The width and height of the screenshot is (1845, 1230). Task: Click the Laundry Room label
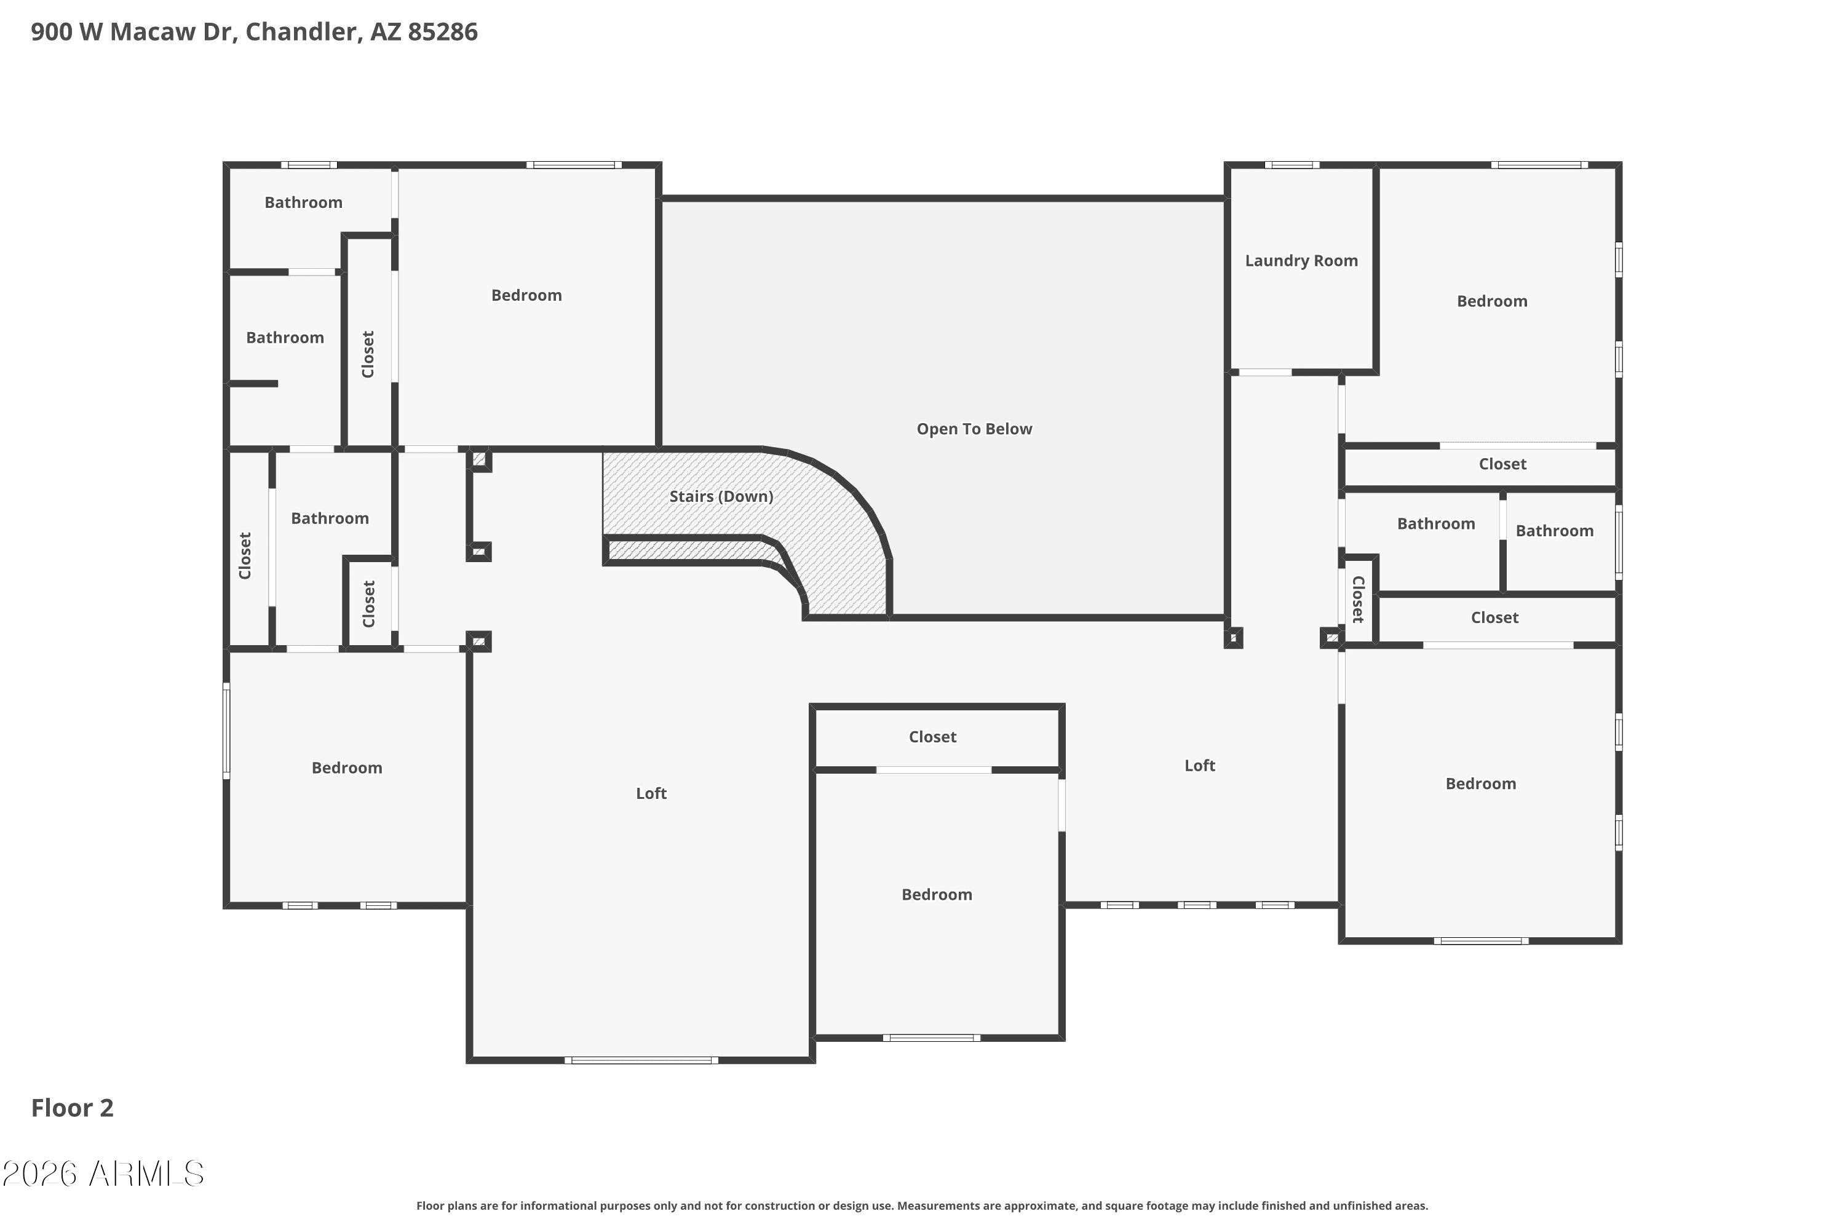point(1301,260)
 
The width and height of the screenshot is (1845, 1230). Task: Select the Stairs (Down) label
point(721,496)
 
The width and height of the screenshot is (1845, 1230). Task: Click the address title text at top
point(254,32)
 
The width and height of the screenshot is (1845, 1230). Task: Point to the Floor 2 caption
point(72,1108)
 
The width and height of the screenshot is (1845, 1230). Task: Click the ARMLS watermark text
point(103,1173)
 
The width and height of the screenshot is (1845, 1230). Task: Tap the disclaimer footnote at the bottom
point(922,1205)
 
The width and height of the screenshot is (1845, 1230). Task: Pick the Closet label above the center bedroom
point(933,737)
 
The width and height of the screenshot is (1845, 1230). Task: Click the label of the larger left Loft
point(651,793)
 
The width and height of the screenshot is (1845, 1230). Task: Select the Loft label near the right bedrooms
point(1199,766)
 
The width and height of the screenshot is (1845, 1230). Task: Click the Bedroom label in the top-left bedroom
point(526,295)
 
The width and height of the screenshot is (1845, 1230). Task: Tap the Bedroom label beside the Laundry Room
point(1492,301)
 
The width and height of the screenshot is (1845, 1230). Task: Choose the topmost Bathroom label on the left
point(304,202)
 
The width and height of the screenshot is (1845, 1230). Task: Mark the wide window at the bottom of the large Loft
point(641,1060)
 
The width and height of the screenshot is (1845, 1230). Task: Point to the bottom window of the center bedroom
point(931,1038)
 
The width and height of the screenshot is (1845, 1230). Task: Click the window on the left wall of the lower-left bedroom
point(227,731)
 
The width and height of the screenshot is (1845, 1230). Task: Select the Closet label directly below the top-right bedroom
point(1502,464)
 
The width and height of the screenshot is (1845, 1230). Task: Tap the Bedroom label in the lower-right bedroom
point(1480,784)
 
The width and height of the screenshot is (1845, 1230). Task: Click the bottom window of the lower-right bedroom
point(1481,940)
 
